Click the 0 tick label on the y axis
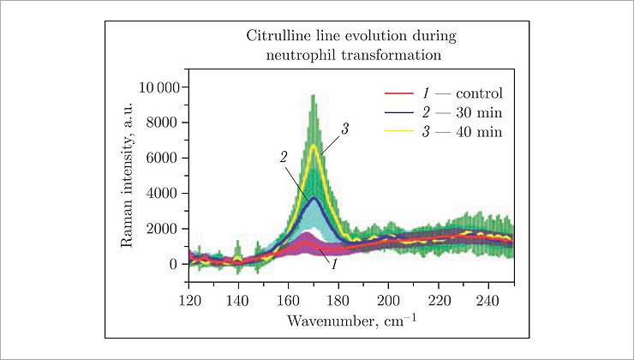[x=172, y=264]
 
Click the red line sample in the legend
[x=399, y=93]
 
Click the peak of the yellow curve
[x=314, y=146]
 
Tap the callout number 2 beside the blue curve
[x=283, y=159]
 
